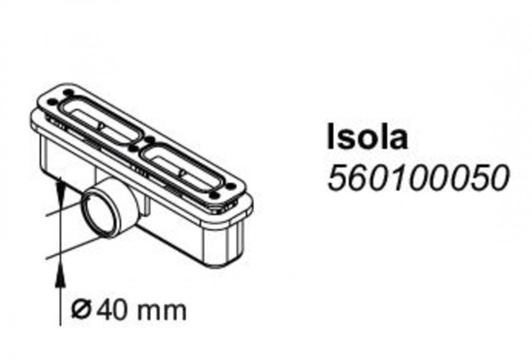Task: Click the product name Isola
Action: tap(367, 137)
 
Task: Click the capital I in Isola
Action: tap(332, 137)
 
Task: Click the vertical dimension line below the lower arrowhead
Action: tap(61, 299)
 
